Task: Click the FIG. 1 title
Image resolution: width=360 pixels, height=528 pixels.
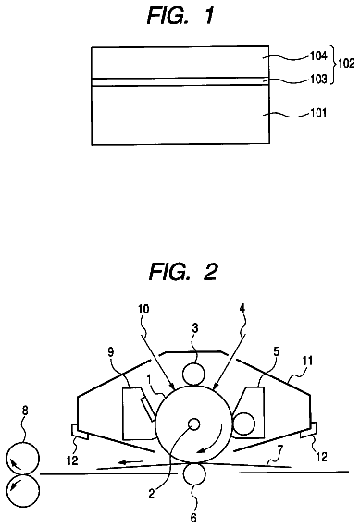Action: point(180,16)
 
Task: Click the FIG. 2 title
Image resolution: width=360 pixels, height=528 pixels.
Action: point(183,272)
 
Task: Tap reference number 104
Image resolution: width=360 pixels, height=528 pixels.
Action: point(318,55)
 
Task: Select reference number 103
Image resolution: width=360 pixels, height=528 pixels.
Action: point(318,79)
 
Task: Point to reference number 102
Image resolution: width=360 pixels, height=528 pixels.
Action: point(346,63)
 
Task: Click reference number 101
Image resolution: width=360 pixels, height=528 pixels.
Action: point(318,113)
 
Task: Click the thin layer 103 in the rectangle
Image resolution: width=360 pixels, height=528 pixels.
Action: point(180,81)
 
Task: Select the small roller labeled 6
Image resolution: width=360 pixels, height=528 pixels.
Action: point(194,473)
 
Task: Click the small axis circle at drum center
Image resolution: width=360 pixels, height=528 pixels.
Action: point(193,424)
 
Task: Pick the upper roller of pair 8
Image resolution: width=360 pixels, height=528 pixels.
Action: point(23,459)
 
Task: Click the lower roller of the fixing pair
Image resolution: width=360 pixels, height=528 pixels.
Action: point(23,491)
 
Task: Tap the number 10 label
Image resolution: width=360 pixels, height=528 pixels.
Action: point(143,309)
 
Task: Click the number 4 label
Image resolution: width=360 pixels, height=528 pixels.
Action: point(242,309)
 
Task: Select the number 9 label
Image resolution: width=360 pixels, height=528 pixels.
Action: point(110,352)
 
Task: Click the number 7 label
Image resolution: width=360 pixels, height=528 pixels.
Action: point(279,449)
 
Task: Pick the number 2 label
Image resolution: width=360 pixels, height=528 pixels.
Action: point(152,494)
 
